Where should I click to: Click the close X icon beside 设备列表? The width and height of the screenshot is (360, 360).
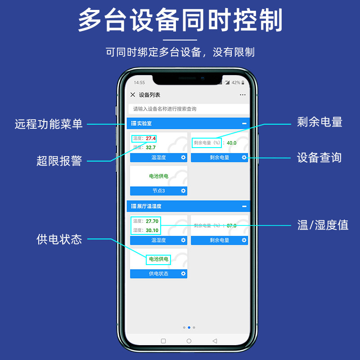(x=133, y=95)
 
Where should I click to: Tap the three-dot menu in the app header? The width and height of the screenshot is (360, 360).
(x=243, y=95)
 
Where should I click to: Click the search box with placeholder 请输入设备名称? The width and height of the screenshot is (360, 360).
(x=189, y=109)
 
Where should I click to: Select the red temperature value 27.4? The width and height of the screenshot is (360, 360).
(x=150, y=139)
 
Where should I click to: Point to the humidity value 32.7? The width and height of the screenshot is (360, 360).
(x=150, y=148)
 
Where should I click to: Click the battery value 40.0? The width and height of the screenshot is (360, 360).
(x=231, y=143)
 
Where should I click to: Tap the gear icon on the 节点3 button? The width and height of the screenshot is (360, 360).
(x=183, y=191)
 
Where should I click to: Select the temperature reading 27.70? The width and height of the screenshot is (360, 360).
(x=152, y=221)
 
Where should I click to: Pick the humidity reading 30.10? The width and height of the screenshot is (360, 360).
(x=152, y=230)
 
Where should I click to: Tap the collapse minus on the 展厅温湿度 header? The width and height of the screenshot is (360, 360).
(x=244, y=207)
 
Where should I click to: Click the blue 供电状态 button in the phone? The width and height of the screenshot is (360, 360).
(x=158, y=274)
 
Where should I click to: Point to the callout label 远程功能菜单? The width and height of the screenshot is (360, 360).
(x=49, y=124)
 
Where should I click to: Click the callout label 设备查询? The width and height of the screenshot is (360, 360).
(x=319, y=157)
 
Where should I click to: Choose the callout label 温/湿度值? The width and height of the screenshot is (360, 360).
(x=323, y=225)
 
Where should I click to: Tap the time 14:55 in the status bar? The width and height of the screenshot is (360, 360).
(x=139, y=83)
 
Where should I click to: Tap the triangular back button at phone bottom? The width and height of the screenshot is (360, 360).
(x=215, y=341)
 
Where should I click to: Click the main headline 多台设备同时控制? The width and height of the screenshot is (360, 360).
(x=180, y=20)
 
